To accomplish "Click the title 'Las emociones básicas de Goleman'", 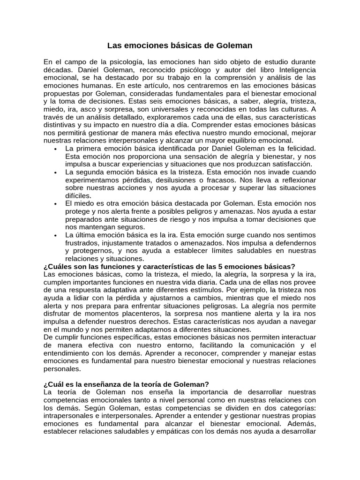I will click(180, 45).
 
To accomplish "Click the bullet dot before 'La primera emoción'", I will click(56, 149).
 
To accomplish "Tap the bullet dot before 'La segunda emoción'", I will click(56, 172).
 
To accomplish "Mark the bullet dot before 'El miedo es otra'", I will click(56, 203).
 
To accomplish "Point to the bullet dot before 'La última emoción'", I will click(56, 235).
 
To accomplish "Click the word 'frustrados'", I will click(84, 243).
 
